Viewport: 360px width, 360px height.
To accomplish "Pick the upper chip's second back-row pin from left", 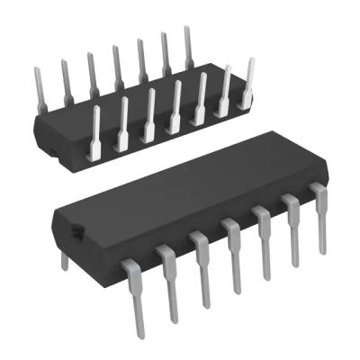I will click(x=65, y=77).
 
